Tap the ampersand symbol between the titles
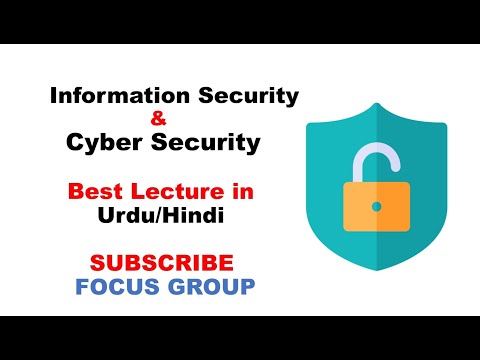[162, 120]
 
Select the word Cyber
[103, 143]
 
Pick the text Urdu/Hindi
[162, 214]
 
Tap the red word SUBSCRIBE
[162, 263]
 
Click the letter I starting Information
[53, 97]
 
